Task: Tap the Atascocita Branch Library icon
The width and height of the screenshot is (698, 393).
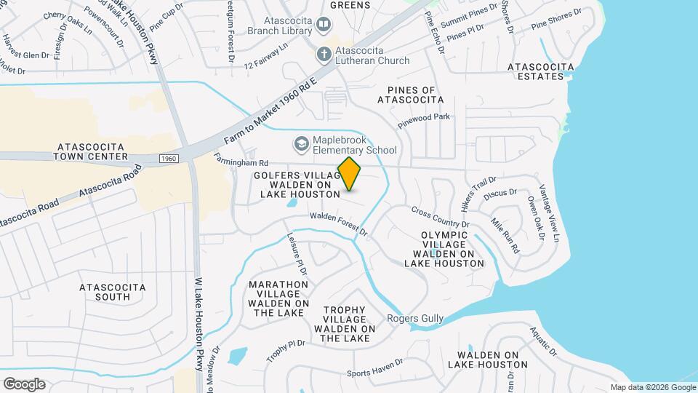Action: pos(323,26)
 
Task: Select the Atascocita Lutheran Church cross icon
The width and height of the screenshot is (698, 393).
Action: pos(323,53)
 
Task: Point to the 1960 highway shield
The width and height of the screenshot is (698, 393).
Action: pos(168,158)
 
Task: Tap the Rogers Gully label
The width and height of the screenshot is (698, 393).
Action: pos(414,318)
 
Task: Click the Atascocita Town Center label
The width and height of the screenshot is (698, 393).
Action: pos(91,151)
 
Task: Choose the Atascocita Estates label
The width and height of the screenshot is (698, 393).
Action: pos(540,71)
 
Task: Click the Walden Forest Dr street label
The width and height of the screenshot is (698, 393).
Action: pos(339,221)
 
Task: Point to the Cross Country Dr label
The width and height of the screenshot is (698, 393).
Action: pos(441,216)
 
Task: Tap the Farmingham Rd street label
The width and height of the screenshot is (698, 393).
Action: pos(242,159)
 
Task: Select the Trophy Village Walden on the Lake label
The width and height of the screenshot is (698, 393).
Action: pos(345,324)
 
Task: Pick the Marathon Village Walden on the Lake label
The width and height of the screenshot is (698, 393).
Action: pos(278,298)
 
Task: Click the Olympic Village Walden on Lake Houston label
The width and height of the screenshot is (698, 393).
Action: pos(444,249)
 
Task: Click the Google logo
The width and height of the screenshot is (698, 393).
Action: pos(24,384)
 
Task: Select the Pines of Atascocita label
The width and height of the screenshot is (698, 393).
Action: pos(411,94)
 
